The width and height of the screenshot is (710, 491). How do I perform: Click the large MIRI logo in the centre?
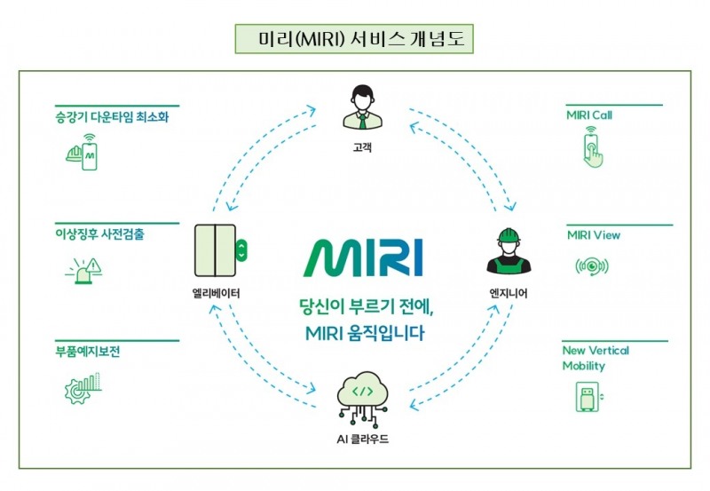[364, 257]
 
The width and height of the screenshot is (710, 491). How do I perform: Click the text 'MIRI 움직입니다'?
[364, 335]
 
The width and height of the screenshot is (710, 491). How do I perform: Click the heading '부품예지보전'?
[87, 351]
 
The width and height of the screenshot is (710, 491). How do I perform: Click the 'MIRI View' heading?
[594, 235]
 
